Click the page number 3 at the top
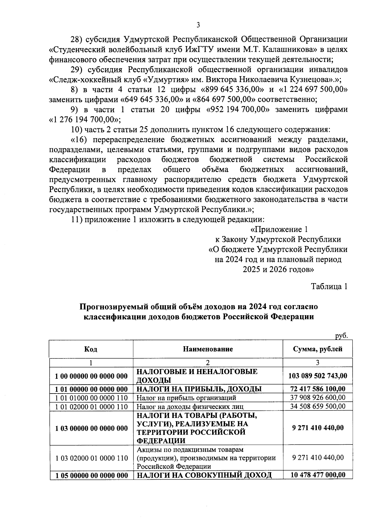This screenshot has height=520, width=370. tap(198, 25)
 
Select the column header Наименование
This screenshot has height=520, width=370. tap(208, 349)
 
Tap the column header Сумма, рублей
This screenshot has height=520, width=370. tap(318, 349)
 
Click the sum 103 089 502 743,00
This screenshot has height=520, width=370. tap(318, 376)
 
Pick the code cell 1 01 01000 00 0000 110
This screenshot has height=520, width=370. tap(91, 398)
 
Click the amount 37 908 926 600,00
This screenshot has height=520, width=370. tap(318, 398)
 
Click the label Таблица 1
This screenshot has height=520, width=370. tap(329, 286)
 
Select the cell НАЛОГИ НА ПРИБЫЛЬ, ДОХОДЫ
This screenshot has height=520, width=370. tap(199, 389)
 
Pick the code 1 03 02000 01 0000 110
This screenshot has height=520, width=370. tap(91, 458)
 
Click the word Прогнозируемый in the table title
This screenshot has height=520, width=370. tap(116, 307)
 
